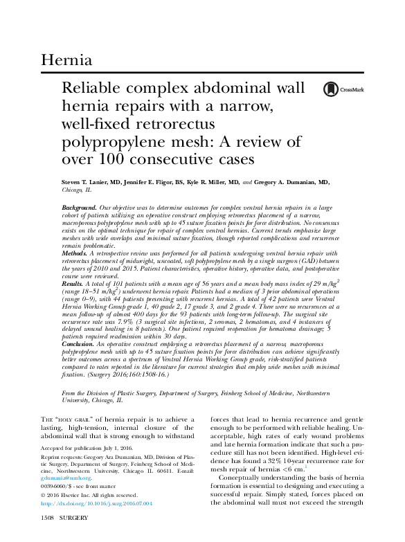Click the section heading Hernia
tap(66, 60)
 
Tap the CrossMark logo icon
tap(331, 89)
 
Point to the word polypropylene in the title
tap(119, 143)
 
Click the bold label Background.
tap(79, 207)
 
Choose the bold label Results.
tap(73, 284)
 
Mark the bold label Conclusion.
tap(78, 343)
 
